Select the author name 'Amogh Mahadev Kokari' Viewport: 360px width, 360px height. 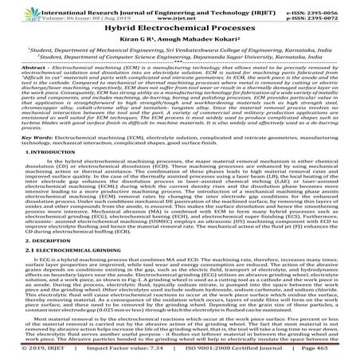click(201, 37)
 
